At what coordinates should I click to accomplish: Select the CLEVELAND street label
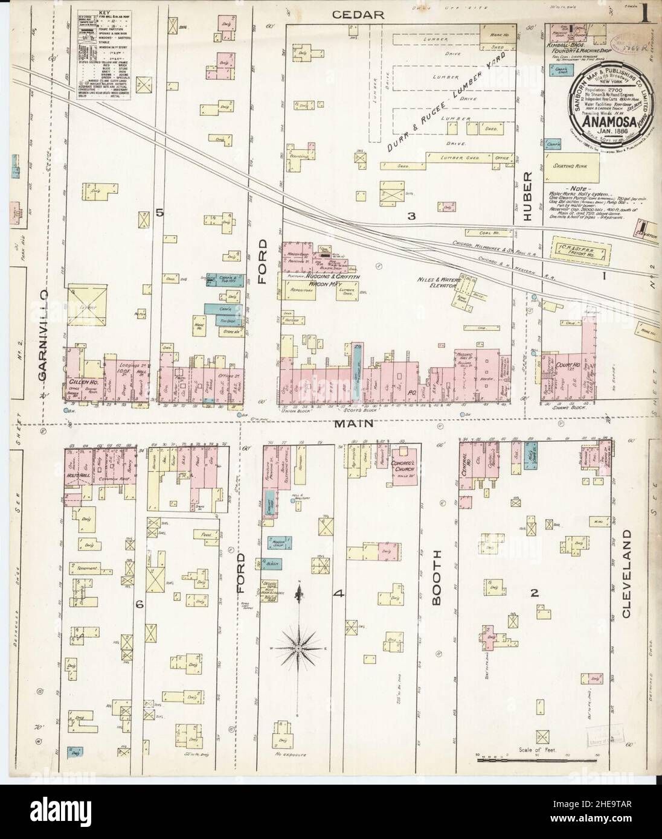pos(626,574)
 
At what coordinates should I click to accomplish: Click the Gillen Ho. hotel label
pos(83,382)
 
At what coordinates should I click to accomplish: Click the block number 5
pos(159,212)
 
